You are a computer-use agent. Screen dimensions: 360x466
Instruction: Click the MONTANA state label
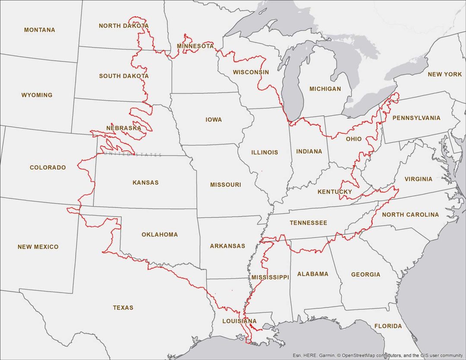40,30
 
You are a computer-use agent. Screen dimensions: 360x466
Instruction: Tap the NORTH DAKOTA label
124,26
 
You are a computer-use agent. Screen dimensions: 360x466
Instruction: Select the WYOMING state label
37,95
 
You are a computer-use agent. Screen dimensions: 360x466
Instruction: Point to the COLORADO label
48,167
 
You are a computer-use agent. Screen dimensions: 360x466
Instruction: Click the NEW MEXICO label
38,247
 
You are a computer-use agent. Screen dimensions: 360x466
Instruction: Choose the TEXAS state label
123,308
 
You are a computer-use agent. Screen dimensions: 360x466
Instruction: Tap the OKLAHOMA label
160,235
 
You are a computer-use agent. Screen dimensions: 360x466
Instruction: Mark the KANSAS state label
145,183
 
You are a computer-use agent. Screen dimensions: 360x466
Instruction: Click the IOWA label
214,120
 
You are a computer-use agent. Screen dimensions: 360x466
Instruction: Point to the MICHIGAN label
325,89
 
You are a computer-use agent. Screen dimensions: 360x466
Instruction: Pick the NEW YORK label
444,75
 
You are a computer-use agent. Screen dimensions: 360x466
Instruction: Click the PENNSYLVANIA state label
416,118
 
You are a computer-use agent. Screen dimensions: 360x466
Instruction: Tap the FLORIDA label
388,326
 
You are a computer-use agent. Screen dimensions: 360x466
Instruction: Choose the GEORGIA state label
365,275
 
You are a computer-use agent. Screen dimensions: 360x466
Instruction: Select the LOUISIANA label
239,321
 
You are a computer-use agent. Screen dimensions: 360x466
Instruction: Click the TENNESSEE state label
308,223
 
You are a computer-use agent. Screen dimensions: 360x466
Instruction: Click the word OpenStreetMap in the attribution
358,355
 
